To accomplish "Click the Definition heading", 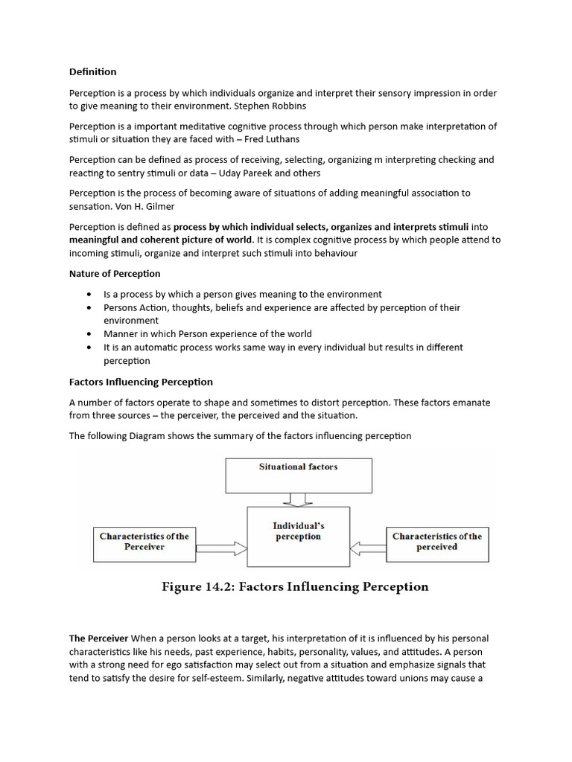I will tap(93, 72).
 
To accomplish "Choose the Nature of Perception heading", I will tap(115, 274).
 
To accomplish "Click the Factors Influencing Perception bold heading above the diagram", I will tap(141, 382).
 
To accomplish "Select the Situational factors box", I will tap(298, 476).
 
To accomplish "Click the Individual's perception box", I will tap(298, 536).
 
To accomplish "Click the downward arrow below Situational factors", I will tap(298, 499).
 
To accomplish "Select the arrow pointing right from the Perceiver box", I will tap(220, 548).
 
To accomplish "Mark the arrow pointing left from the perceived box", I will tap(368, 548).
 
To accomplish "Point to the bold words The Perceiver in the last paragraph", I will tap(98, 638).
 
